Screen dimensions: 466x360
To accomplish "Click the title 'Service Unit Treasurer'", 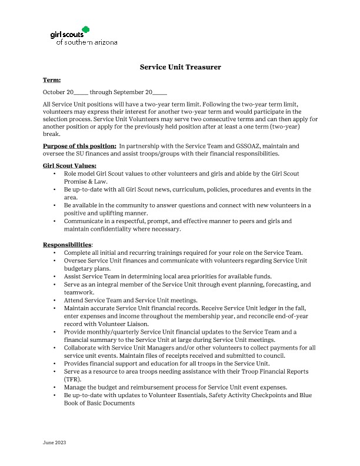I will pos(180,67).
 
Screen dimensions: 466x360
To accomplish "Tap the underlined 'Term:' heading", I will pos(52,79).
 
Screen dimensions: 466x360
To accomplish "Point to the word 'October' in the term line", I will pos(54,92).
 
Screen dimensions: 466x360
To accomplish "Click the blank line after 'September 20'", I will pos(160,92).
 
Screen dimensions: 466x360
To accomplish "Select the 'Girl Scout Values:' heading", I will pos(69,166).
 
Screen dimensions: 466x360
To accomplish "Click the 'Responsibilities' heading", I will pos(67,244).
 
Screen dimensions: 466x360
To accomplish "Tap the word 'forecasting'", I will pos(273,284).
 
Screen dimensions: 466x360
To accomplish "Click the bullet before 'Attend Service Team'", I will pos(55,300).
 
